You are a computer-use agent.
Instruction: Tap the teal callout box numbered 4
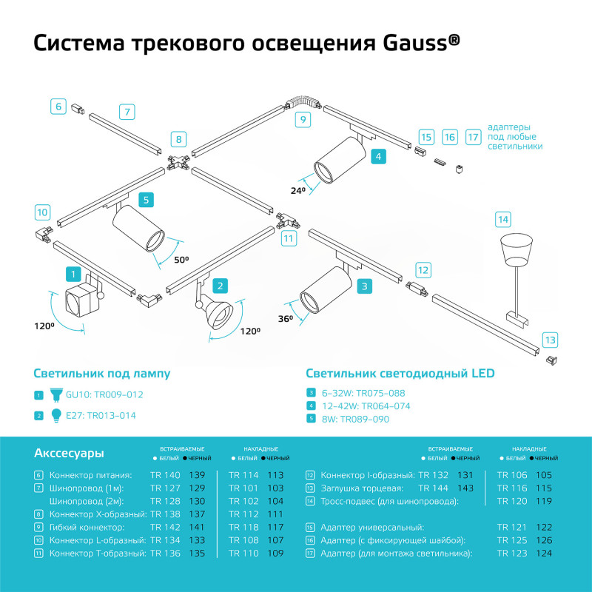point(377,156)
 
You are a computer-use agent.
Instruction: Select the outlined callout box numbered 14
point(503,219)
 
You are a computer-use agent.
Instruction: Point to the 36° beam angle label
point(286,318)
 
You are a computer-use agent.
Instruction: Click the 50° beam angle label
point(181,260)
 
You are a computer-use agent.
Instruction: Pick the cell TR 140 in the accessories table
point(165,475)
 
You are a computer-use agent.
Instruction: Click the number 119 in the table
point(545,502)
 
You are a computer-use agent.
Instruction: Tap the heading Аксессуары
point(69,453)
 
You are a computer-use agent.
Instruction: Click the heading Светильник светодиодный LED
point(400,374)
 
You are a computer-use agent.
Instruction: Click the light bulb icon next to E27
point(55,415)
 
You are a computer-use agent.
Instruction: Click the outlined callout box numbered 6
point(58,106)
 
